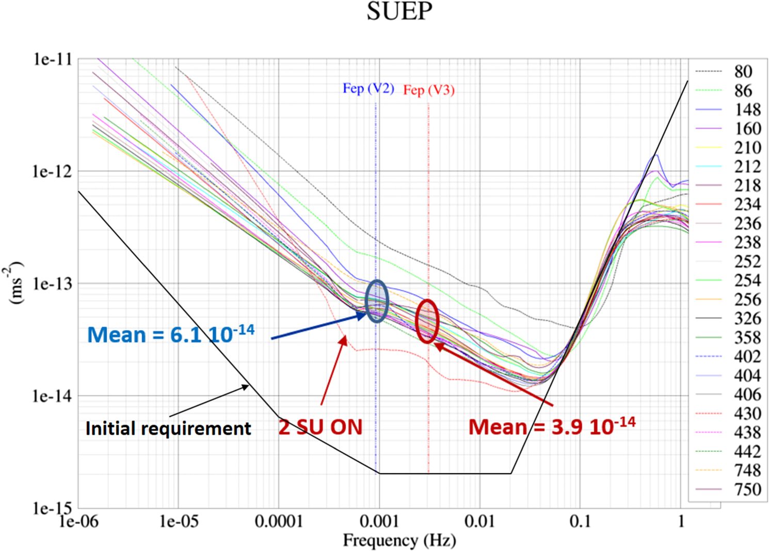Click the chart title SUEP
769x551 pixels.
pos(399,11)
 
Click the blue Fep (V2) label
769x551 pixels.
pos(368,88)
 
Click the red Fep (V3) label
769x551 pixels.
pos(428,90)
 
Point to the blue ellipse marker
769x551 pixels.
pos(377,301)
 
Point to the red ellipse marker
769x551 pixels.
pos(427,321)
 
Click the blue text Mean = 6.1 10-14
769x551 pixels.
pos(170,334)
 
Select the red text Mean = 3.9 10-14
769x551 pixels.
pos(551,427)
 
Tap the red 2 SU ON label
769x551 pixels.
pos(321,427)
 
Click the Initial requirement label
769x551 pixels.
pos(168,429)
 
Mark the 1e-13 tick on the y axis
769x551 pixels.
pos(52,284)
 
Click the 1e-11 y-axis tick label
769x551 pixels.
pos(52,59)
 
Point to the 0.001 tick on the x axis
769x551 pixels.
pos(379,522)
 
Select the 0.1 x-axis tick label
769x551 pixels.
pos(580,522)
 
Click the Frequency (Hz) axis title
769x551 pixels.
pos(399,541)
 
